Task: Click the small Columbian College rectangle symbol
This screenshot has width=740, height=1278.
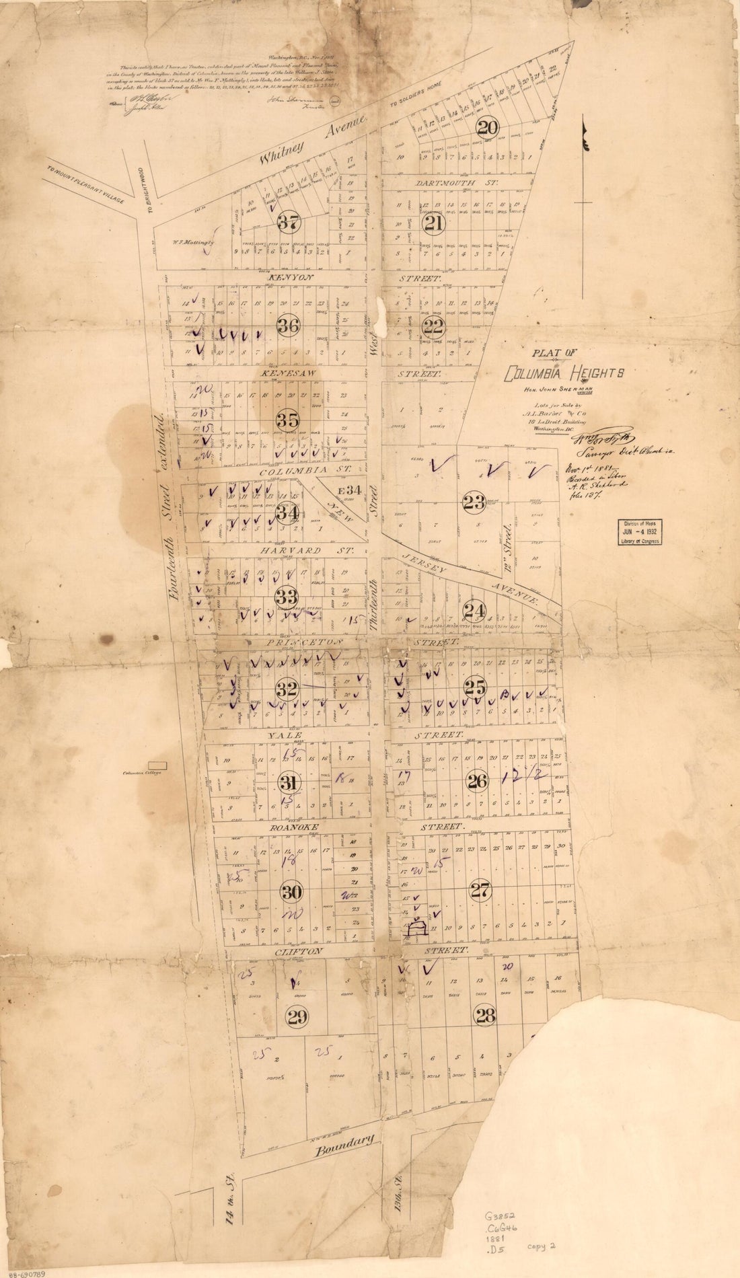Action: pos(157,765)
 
